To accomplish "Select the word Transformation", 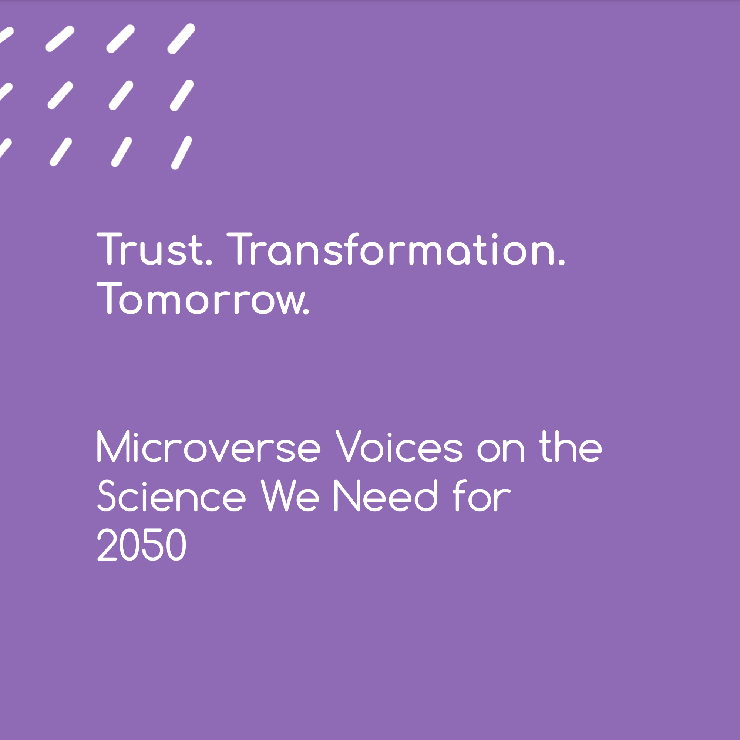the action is pyautogui.click(x=396, y=249).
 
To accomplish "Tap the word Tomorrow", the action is pyautogui.click(x=203, y=298).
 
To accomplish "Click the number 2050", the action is pyautogui.click(x=142, y=544).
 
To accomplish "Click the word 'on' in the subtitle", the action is pyautogui.click(x=501, y=448).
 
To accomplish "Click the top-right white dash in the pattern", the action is pyautogui.click(x=182, y=39).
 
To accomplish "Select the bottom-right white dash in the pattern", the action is pyautogui.click(x=182, y=153).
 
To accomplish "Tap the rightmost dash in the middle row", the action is pyautogui.click(x=182, y=95).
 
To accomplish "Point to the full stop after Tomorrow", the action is pyautogui.click(x=306, y=312).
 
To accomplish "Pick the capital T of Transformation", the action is pyautogui.click(x=239, y=249).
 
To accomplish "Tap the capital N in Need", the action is pyautogui.click(x=347, y=495).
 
